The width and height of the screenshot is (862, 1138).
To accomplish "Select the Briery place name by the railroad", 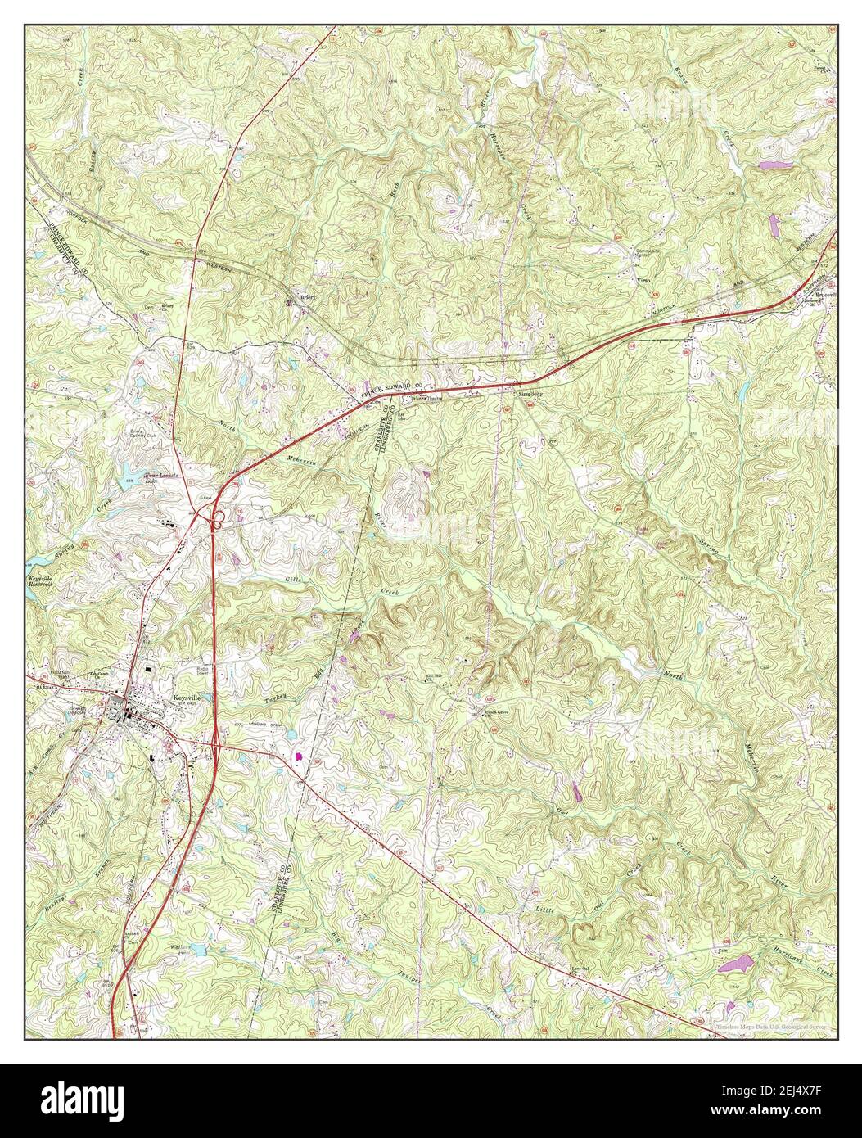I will click(308, 298).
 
